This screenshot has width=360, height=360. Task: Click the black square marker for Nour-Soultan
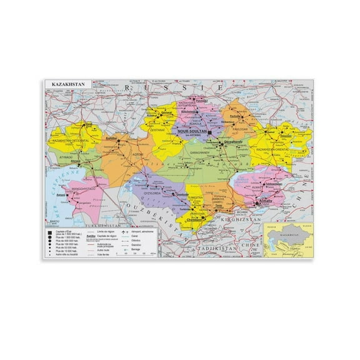[210, 132]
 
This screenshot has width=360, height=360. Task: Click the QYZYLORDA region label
[154, 192]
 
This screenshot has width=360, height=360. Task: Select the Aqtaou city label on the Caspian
[61, 195]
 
